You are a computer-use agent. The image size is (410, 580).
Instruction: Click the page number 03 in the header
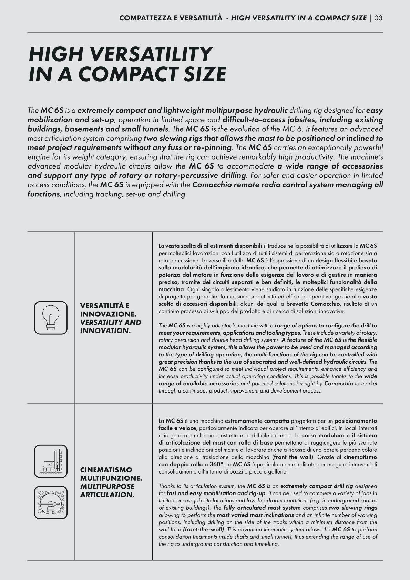click(x=378, y=18)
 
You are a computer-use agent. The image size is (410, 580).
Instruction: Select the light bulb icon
click(x=51, y=317)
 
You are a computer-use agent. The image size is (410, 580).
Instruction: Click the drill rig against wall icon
click(x=51, y=461)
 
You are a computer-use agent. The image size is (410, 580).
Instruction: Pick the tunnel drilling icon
click(x=51, y=502)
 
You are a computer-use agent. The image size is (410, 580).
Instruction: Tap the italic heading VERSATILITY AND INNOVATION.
click(x=110, y=326)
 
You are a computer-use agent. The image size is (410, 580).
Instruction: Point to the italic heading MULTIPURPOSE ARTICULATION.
click(x=107, y=490)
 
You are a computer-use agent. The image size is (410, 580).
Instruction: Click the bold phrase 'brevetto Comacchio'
click(x=313, y=304)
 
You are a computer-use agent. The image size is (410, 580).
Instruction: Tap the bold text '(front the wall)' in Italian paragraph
click(x=293, y=457)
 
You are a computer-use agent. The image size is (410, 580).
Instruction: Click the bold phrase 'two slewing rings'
click(x=353, y=508)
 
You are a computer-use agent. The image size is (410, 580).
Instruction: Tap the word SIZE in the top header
click(x=358, y=18)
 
